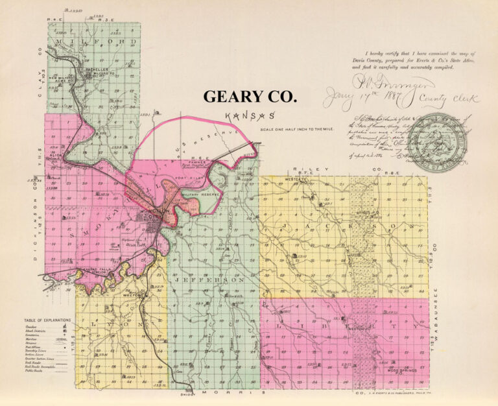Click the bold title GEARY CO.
250,97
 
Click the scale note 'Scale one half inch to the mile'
287,129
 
